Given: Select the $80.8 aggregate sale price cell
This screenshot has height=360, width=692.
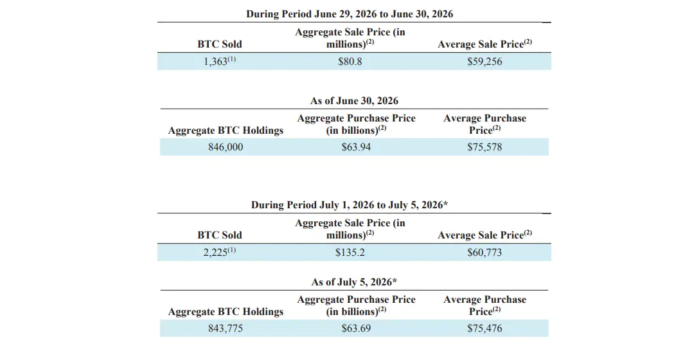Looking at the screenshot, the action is [x=350, y=62].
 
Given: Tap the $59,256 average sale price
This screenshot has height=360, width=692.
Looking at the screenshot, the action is [x=484, y=62].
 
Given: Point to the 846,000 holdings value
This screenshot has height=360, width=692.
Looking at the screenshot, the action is [x=226, y=147].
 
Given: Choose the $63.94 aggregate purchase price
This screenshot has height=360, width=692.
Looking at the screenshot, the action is [x=356, y=147].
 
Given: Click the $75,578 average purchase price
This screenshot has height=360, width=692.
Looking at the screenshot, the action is [x=484, y=147].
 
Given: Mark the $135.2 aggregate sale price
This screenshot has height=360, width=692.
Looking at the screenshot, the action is [x=350, y=252].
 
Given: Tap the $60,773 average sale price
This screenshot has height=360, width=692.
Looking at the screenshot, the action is [x=484, y=252].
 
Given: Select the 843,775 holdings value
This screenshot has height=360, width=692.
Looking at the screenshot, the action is [x=226, y=328].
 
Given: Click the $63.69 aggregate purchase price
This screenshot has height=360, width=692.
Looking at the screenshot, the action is [x=356, y=328].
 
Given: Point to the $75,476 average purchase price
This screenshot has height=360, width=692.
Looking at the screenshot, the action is [x=484, y=328].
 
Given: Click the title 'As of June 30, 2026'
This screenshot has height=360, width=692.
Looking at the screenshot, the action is [x=354, y=101].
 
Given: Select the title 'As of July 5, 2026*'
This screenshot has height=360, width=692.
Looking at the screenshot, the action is [x=354, y=282].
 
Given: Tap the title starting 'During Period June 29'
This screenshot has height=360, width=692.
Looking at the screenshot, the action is [x=350, y=14].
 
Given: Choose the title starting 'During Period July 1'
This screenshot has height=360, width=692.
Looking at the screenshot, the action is [x=350, y=205].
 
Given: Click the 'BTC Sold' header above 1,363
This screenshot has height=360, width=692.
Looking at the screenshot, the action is [x=220, y=44].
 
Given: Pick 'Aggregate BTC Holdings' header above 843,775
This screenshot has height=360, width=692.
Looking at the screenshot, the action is [x=226, y=311].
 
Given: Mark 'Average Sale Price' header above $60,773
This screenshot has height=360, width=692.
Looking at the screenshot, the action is [x=484, y=235].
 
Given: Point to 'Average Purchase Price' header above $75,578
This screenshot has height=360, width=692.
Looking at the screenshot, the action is [x=484, y=124].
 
